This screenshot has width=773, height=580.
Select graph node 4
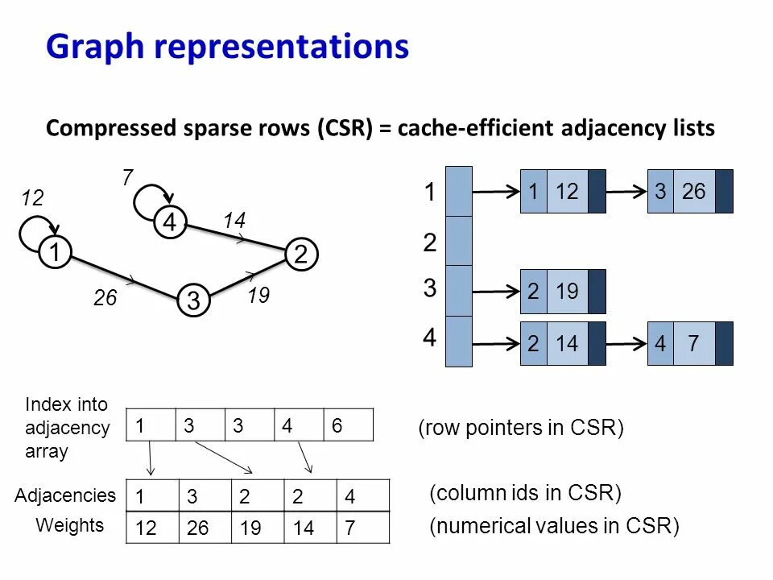click(170, 222)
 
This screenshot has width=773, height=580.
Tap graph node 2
click(300, 255)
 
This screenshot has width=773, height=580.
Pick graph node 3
click(193, 300)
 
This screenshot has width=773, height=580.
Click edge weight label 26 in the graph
click(105, 299)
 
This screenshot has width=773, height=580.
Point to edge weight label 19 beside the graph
click(258, 296)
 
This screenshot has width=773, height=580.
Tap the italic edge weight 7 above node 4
click(127, 178)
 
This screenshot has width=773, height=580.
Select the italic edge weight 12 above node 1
click(32, 199)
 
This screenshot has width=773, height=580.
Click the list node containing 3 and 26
click(690, 192)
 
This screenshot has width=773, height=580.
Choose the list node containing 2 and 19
click(563, 291)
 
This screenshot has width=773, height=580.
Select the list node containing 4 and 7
click(690, 343)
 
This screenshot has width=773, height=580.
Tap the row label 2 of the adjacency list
click(430, 242)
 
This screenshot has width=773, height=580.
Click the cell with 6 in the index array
click(349, 425)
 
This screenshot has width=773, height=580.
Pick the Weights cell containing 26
click(200, 528)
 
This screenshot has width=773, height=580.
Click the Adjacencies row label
click(65, 495)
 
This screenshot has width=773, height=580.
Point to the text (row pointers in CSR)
click(521, 428)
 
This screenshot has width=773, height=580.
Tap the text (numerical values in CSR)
click(555, 527)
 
